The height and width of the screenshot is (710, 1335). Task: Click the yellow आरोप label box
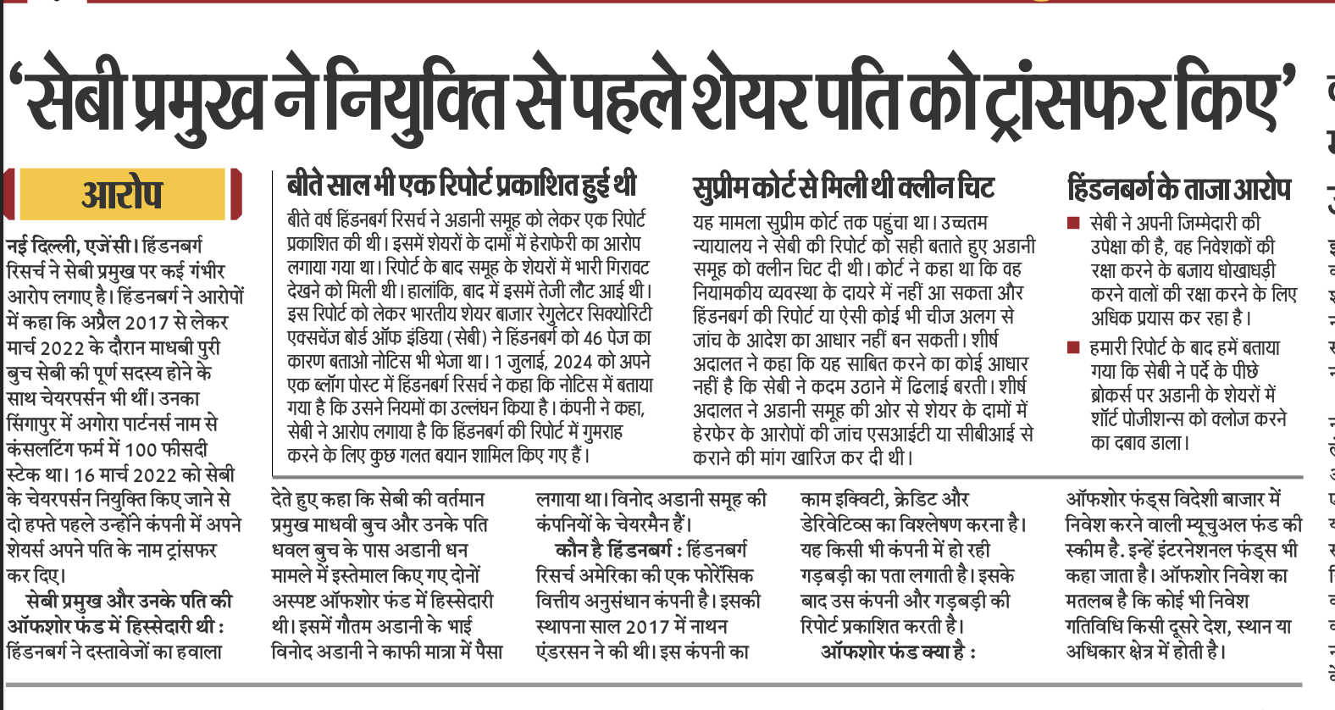click(x=123, y=195)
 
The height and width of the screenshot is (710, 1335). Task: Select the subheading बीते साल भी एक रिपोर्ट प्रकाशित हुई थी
click(x=462, y=185)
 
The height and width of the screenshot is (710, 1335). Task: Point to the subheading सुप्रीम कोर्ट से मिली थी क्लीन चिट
click(x=843, y=186)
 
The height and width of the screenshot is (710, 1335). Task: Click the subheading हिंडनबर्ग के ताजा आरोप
click(x=1179, y=188)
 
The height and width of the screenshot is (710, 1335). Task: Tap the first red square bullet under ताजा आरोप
click(x=1073, y=224)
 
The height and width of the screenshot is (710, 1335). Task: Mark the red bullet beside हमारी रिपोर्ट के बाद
click(x=1073, y=347)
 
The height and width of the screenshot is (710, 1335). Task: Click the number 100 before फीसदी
click(x=141, y=449)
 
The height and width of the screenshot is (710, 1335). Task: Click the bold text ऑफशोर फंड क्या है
click(x=898, y=652)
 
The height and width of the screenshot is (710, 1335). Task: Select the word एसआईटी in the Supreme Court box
click(x=928, y=435)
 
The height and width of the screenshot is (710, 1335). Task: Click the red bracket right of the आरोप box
click(x=236, y=195)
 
